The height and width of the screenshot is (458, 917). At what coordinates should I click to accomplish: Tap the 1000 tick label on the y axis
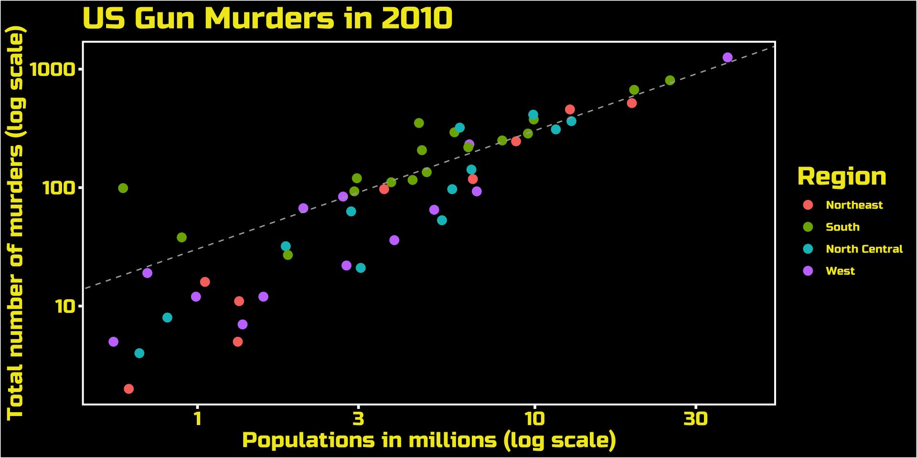(53, 70)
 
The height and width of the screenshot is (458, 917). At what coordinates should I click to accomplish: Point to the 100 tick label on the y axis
(59, 188)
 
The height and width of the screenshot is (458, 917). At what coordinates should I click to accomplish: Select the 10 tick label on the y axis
(65, 306)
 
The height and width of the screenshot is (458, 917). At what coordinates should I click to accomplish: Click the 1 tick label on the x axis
(197, 419)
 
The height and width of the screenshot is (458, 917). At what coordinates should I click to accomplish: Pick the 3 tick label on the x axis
(358, 419)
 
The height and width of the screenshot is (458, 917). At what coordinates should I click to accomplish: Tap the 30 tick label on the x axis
(695, 419)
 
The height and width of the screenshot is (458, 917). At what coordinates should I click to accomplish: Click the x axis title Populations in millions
(429, 440)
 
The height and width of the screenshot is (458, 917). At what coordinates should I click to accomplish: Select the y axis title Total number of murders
(15, 223)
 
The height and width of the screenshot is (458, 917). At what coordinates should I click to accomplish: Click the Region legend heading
(842, 177)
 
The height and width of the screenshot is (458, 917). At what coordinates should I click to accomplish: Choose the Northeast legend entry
(854, 205)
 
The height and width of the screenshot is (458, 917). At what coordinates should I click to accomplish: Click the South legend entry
(842, 227)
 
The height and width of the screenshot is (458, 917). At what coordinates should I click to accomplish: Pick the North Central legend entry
(864, 249)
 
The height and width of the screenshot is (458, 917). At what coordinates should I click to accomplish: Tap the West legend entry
(840, 271)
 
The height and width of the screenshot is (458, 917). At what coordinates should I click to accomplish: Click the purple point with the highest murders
(727, 58)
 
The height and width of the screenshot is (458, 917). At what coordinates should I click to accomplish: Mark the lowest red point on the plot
(128, 389)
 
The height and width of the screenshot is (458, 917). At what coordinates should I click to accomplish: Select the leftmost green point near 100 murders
(123, 188)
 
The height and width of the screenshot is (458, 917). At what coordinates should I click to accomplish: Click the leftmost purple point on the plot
(113, 342)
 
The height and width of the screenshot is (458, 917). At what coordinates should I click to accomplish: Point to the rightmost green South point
(670, 80)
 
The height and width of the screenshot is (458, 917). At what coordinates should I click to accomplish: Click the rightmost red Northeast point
(632, 103)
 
